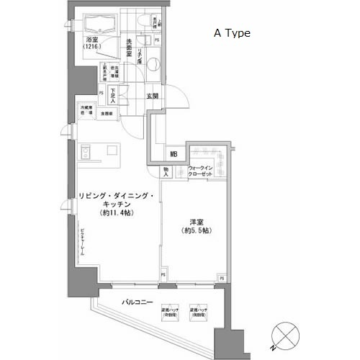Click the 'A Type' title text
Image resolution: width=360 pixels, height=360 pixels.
pos(230,33)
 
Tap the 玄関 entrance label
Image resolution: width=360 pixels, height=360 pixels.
pos(153,96)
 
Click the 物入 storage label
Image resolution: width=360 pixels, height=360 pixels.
pos(166,173)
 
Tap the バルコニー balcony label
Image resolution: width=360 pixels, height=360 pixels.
pos(135,302)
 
